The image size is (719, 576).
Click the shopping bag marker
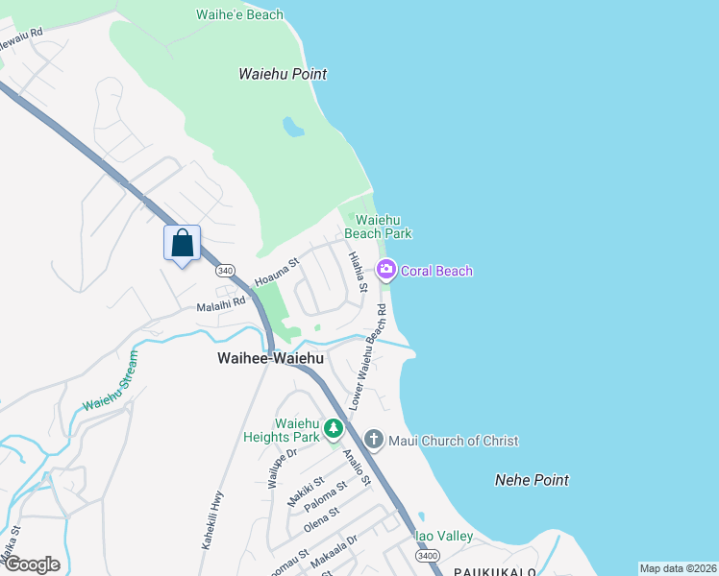183,244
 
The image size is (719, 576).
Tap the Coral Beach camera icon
386,271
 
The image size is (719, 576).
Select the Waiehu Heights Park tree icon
334,427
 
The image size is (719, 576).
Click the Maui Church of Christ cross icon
374,440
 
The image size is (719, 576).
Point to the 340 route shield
225,272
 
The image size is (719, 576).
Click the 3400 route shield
428,556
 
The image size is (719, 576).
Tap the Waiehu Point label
283,74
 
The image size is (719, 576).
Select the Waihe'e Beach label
239,14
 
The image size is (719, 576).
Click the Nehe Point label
532,480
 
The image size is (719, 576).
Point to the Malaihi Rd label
221,304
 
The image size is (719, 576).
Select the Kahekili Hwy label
213,519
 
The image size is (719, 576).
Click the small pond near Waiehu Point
292,127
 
